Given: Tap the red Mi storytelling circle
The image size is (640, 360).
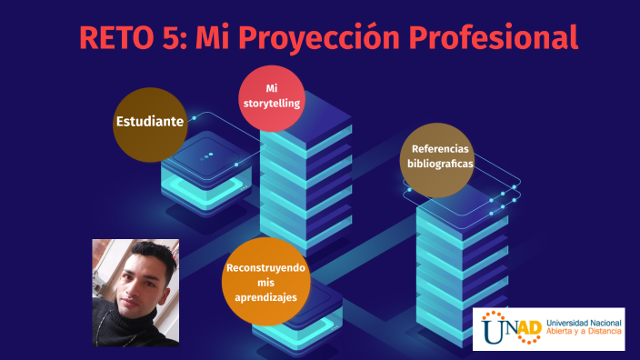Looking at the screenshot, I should tap(271, 97).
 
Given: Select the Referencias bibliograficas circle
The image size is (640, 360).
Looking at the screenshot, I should tap(439, 159).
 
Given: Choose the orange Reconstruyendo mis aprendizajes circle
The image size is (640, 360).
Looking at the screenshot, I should tap(265, 282).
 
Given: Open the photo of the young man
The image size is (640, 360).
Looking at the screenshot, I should tap(135, 292).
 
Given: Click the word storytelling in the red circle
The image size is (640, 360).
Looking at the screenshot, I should tap(271, 104).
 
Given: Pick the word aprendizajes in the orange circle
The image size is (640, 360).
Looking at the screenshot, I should tap(265, 297).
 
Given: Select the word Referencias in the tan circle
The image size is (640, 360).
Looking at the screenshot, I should tap(440, 150).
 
